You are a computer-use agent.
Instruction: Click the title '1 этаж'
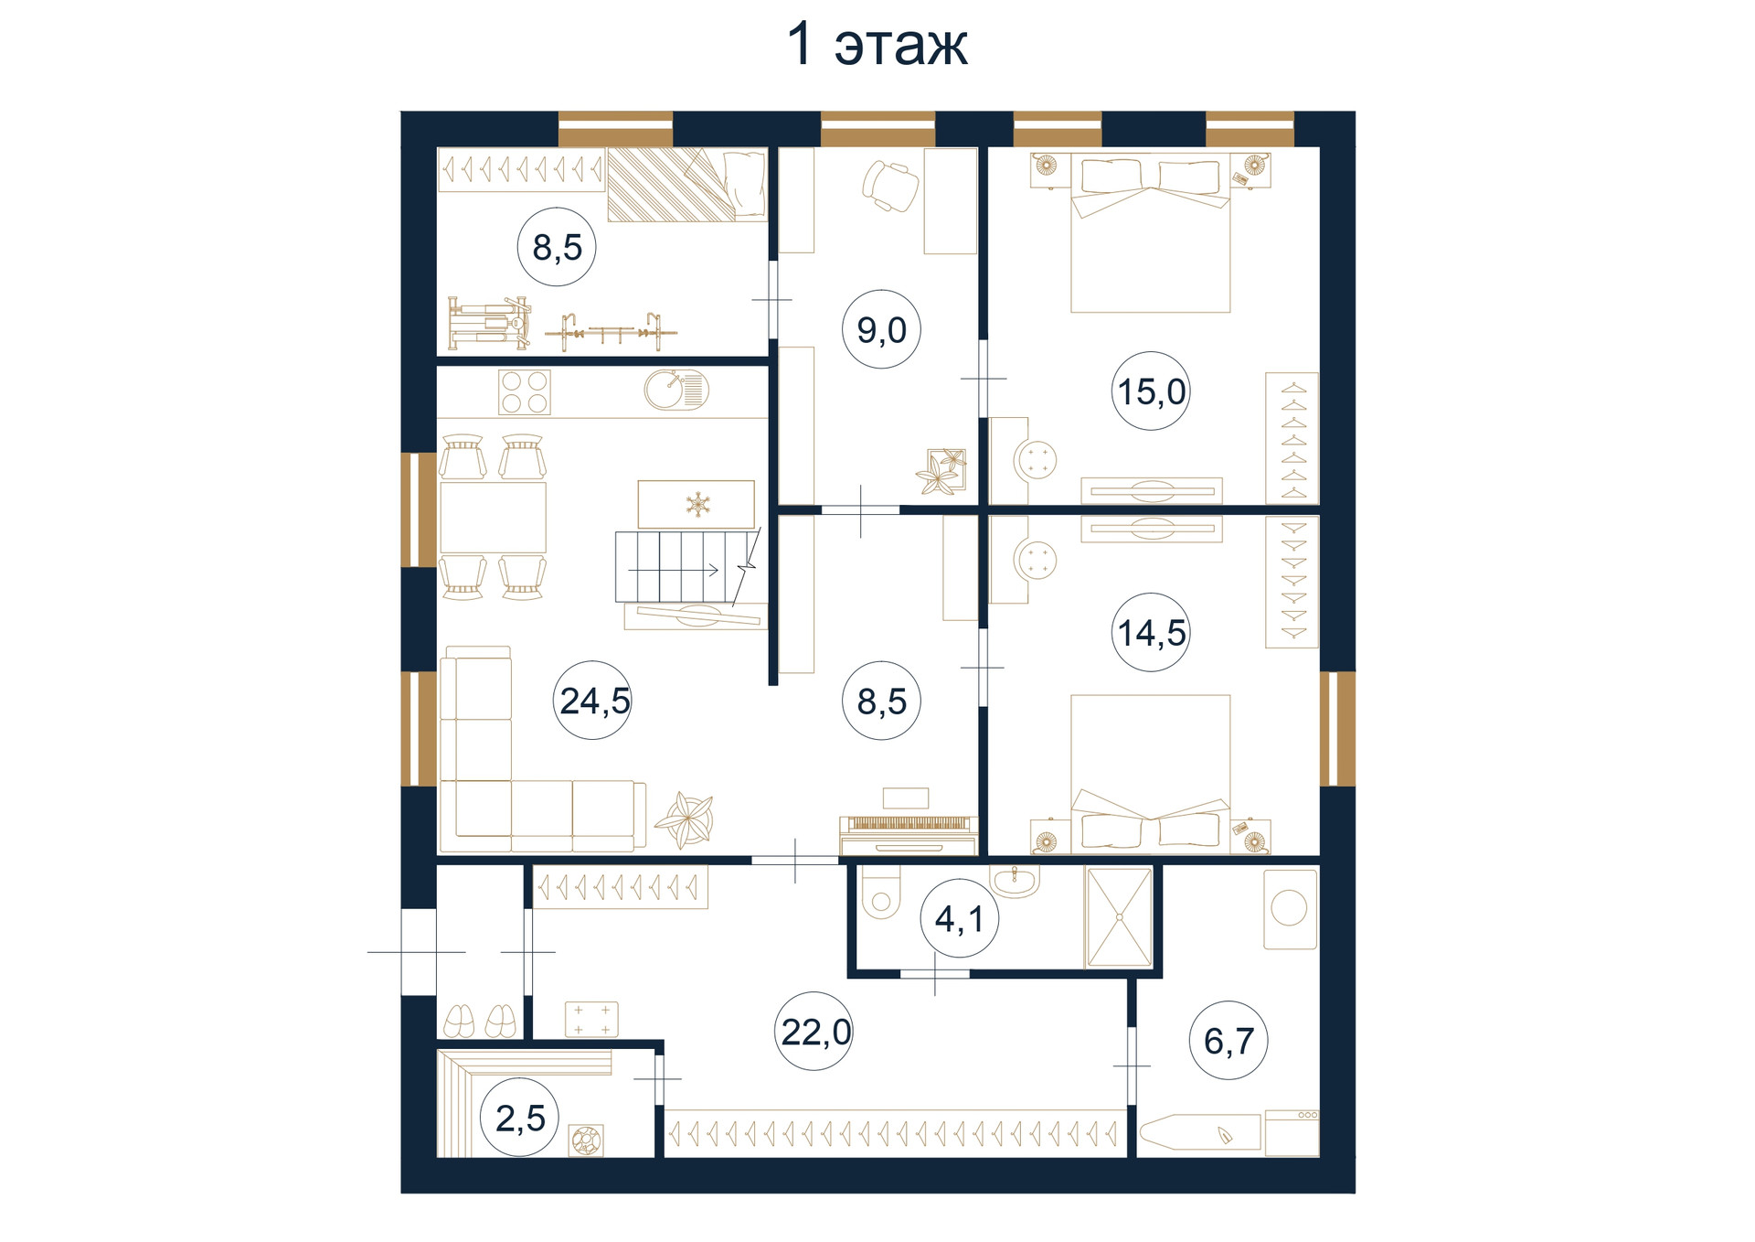click(x=877, y=44)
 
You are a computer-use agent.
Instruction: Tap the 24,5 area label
click(x=594, y=701)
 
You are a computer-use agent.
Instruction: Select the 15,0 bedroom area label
click(x=1152, y=391)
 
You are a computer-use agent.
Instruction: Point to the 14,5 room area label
click(x=1152, y=632)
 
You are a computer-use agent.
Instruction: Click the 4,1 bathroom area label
click(x=959, y=918)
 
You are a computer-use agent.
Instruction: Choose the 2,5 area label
click(x=520, y=1118)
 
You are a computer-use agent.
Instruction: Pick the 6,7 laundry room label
click(x=1228, y=1040)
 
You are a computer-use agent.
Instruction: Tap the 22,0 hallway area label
click(x=815, y=1032)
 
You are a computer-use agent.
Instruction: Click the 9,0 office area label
click(x=881, y=329)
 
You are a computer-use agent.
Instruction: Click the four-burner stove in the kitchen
click(x=525, y=392)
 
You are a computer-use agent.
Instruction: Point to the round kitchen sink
click(x=675, y=391)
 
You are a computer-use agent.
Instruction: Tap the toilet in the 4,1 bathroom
click(x=881, y=891)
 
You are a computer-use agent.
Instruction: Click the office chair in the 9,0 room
click(x=890, y=185)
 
